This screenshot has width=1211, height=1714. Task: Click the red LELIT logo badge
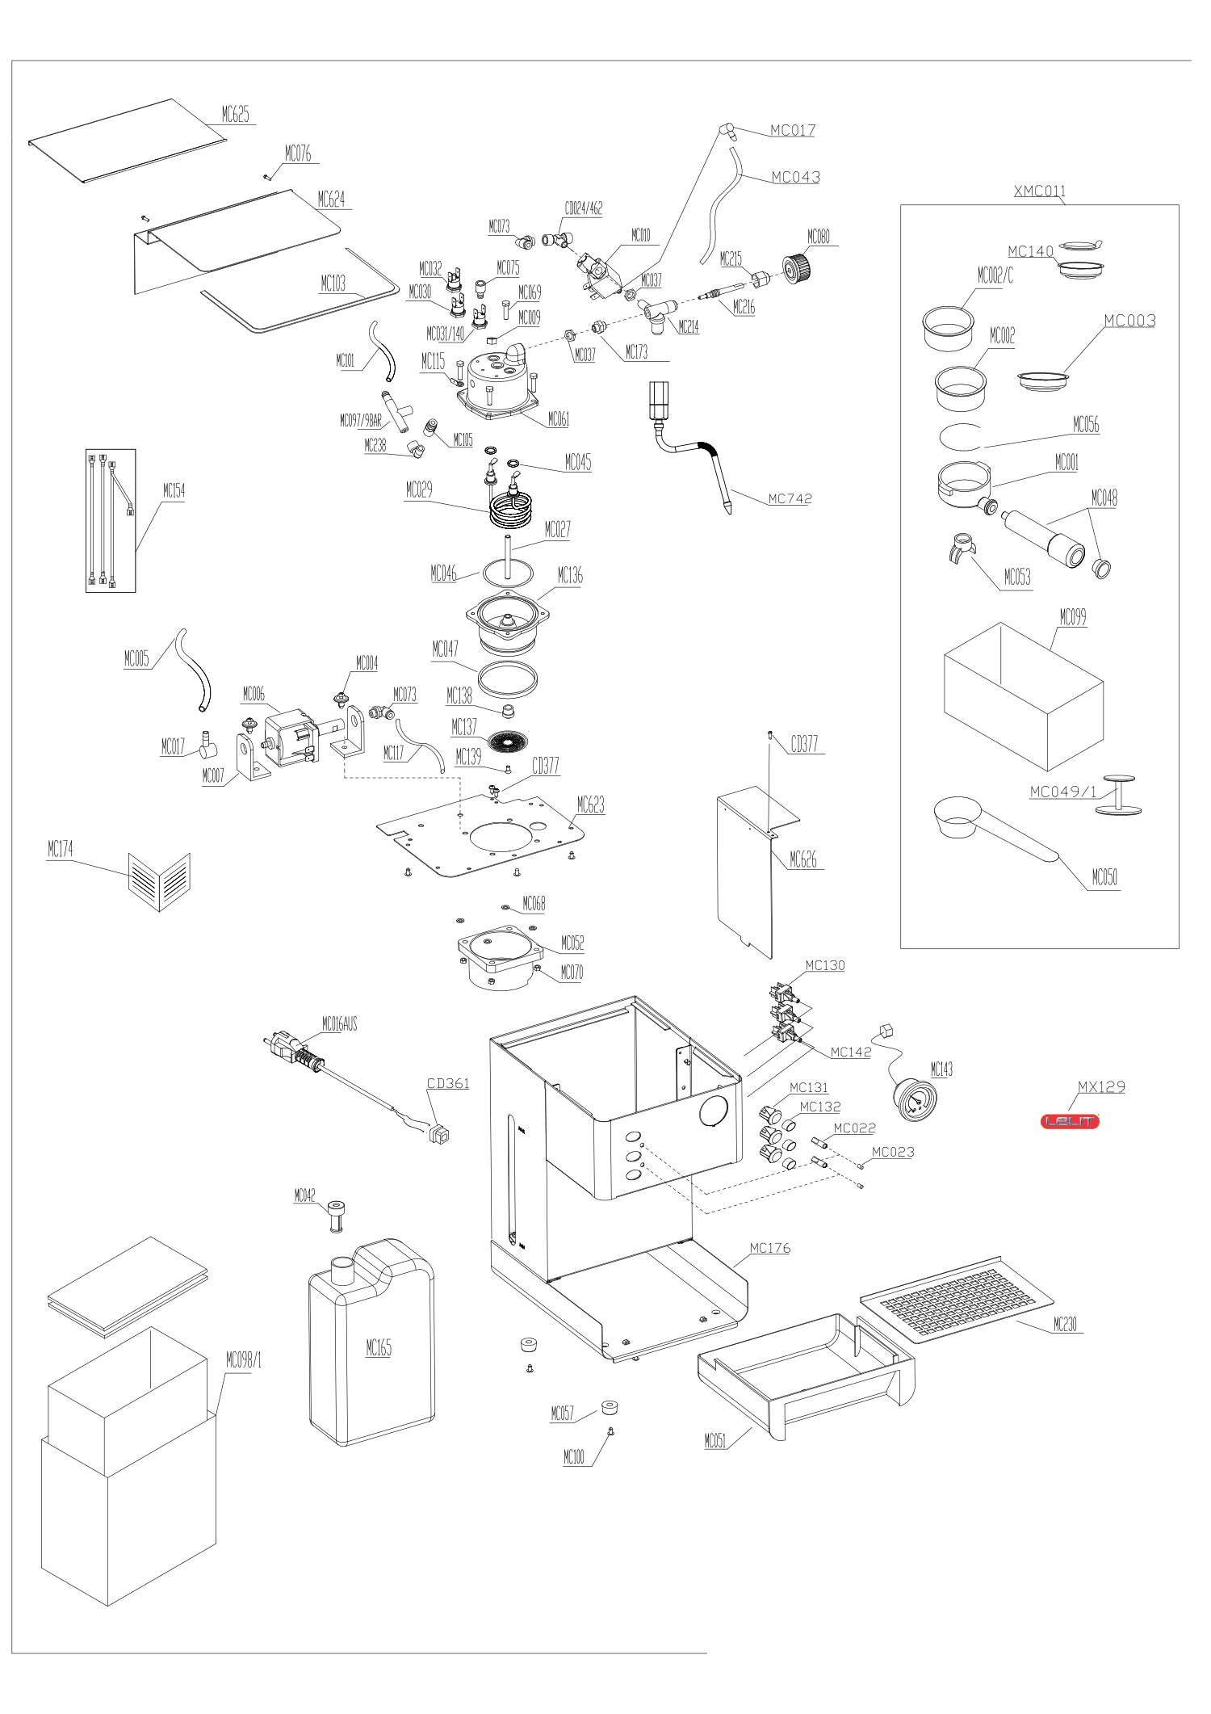tap(1070, 1121)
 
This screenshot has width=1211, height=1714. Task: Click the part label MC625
tap(235, 115)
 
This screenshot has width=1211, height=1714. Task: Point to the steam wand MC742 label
tap(789, 499)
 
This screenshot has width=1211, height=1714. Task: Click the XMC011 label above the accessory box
tap(1039, 191)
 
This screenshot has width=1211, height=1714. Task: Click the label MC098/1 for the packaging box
tap(243, 1361)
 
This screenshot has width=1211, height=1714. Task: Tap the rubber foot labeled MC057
tap(609, 1409)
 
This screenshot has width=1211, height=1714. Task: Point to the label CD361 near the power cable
tap(447, 1083)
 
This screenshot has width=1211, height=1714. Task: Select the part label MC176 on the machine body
tap(769, 1248)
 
